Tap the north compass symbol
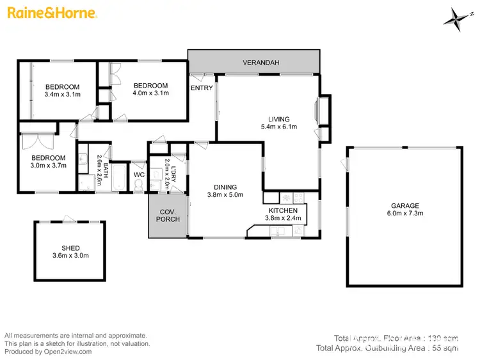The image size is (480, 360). (455, 17)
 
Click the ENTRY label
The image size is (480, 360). (202, 88)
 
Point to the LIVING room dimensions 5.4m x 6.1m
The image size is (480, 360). (278, 127)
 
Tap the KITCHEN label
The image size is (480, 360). (282, 210)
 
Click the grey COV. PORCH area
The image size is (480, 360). (164, 216)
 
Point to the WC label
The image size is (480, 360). (139, 174)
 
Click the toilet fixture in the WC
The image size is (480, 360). (139, 186)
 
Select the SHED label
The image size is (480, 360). (70, 247)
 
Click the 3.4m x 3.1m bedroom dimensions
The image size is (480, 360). (62, 95)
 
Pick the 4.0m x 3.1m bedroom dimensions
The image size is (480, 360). (150, 93)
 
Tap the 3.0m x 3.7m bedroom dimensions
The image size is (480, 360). (49, 166)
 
